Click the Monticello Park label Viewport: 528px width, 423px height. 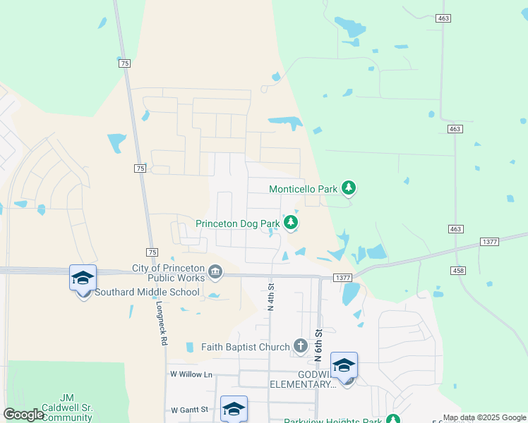point(304,189)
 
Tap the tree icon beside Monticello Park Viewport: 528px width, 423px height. point(348,188)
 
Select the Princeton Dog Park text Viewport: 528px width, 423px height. point(238,224)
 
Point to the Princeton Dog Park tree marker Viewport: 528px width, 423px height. point(291,223)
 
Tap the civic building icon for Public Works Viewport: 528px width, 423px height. point(216,271)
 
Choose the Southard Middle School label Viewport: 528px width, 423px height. point(148,292)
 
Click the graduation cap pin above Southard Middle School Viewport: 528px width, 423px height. point(83,278)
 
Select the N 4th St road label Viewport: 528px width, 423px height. point(270,296)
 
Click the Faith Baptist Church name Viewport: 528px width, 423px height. point(245,347)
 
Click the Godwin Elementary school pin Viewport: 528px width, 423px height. point(344,367)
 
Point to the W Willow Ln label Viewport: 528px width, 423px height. point(191,374)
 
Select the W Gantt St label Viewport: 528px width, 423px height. point(190,410)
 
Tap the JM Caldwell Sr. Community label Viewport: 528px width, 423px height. point(68,407)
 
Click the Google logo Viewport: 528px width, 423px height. point(23,415)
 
